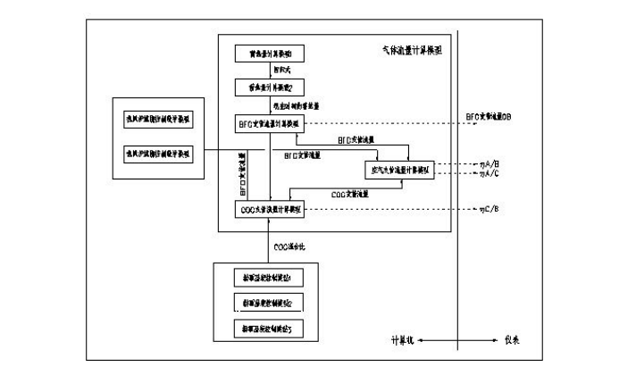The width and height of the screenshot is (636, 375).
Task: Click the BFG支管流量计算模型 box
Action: [270, 122]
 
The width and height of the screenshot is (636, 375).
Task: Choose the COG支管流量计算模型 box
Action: [270, 210]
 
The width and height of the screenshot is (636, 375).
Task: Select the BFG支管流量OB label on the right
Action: [488, 117]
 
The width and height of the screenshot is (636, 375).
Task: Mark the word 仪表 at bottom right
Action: [511, 339]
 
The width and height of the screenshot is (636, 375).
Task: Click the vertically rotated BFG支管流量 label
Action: [242, 173]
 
